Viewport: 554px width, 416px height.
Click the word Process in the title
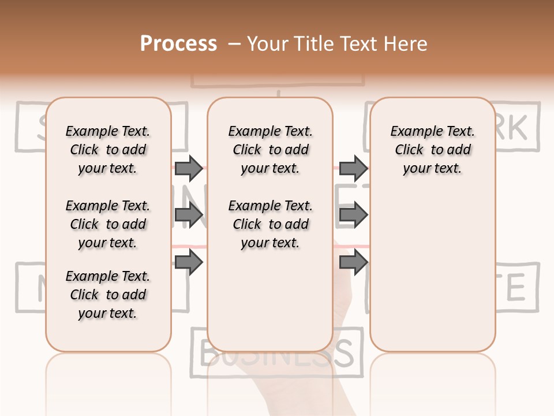pos(178,44)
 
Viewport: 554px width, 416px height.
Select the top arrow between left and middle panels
pos(189,169)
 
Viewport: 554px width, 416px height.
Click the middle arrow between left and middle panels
pos(189,216)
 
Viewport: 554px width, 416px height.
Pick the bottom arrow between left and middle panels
pos(189,262)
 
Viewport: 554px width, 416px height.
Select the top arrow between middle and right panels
pos(353,169)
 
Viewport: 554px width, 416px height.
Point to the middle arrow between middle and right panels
pos(353,216)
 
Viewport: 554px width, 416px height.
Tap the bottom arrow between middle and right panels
pos(353,262)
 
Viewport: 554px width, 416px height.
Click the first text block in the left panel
pos(108,150)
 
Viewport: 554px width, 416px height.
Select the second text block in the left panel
pos(108,224)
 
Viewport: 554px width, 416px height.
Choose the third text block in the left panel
pos(108,295)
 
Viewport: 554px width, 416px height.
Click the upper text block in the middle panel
pos(270,150)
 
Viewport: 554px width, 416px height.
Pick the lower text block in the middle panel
pos(270,224)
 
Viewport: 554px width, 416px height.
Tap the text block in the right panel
pos(432,150)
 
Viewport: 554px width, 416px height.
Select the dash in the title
pos(234,44)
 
